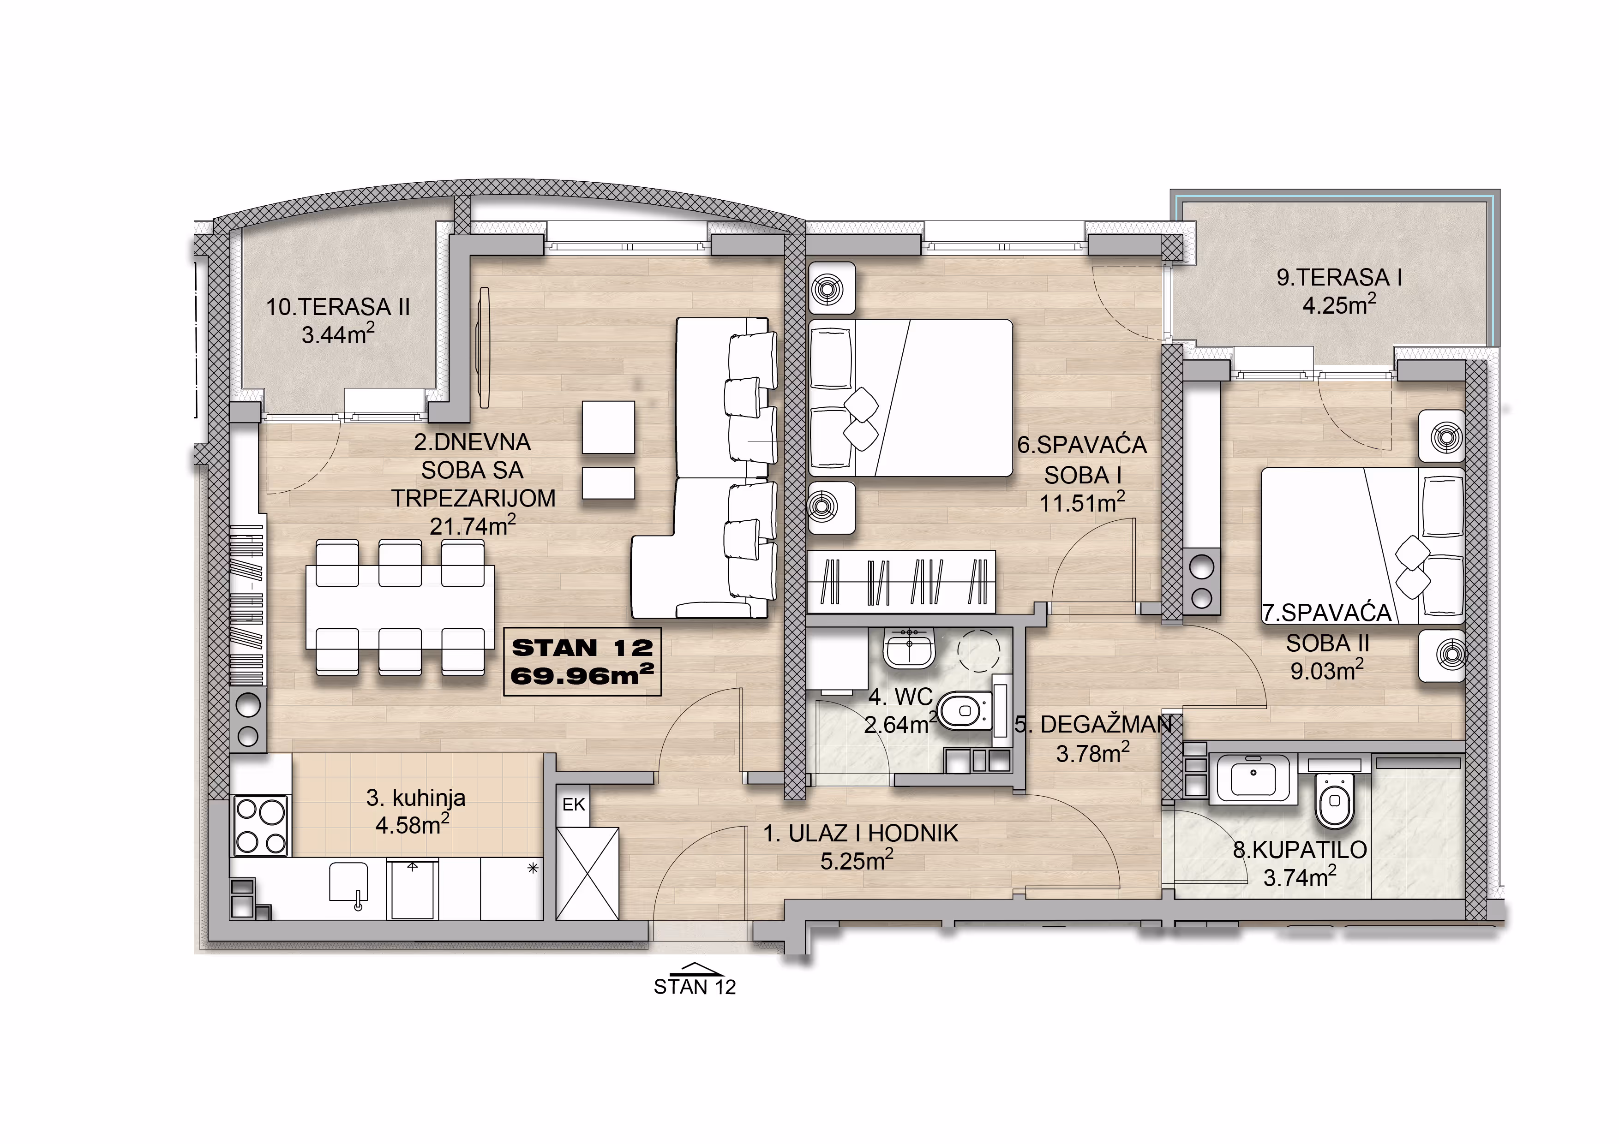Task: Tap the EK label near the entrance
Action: pyautogui.click(x=573, y=804)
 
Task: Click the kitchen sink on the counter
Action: pyautogui.click(x=349, y=885)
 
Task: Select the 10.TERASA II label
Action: pyautogui.click(x=338, y=307)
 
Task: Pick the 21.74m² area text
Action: pyautogui.click(x=473, y=525)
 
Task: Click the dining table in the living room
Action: pyautogui.click(x=400, y=608)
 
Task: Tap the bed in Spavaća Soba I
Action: pyautogui.click(x=910, y=398)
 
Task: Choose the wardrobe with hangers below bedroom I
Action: pyautogui.click(x=901, y=582)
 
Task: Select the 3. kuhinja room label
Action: pyautogui.click(x=416, y=798)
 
